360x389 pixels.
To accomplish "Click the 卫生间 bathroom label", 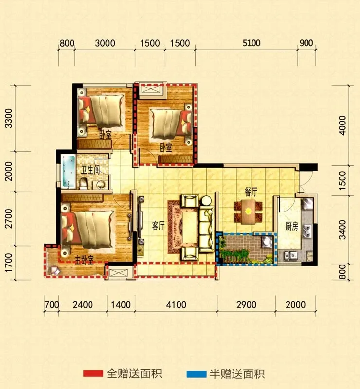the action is pos(90,170).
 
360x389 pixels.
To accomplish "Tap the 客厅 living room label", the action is pos(158,226).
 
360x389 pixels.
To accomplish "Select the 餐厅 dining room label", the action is pos(251,192).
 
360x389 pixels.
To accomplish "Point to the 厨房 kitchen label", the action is pos(291,226).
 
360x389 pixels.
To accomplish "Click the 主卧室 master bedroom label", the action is pos(85,260).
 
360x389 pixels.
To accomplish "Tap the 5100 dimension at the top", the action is pos(252,43).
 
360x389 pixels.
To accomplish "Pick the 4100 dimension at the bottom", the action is pos(176,305).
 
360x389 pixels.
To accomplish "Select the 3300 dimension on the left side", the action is pos(9,118).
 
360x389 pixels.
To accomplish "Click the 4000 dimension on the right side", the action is pos(342,125).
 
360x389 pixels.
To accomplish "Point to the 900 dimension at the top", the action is pos(306,43).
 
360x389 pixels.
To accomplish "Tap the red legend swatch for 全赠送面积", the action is pos(93,373).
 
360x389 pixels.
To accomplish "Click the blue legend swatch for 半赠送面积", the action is pos(197,374).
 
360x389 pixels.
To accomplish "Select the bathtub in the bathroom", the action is pos(69,172).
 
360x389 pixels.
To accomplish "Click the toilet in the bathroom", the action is pos(84,183).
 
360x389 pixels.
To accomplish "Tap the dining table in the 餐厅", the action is pos(248,212).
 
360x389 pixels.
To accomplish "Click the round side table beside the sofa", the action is pos(206,200).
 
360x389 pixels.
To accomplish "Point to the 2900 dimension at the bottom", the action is pos(246,305).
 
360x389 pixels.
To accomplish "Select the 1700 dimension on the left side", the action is pos(9,263).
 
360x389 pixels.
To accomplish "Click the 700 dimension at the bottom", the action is pos(52,305).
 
